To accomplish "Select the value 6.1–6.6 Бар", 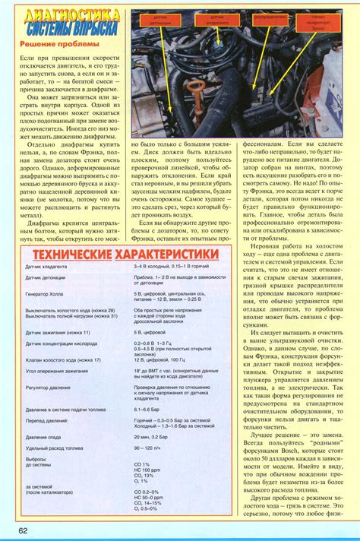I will (x=149, y=409).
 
